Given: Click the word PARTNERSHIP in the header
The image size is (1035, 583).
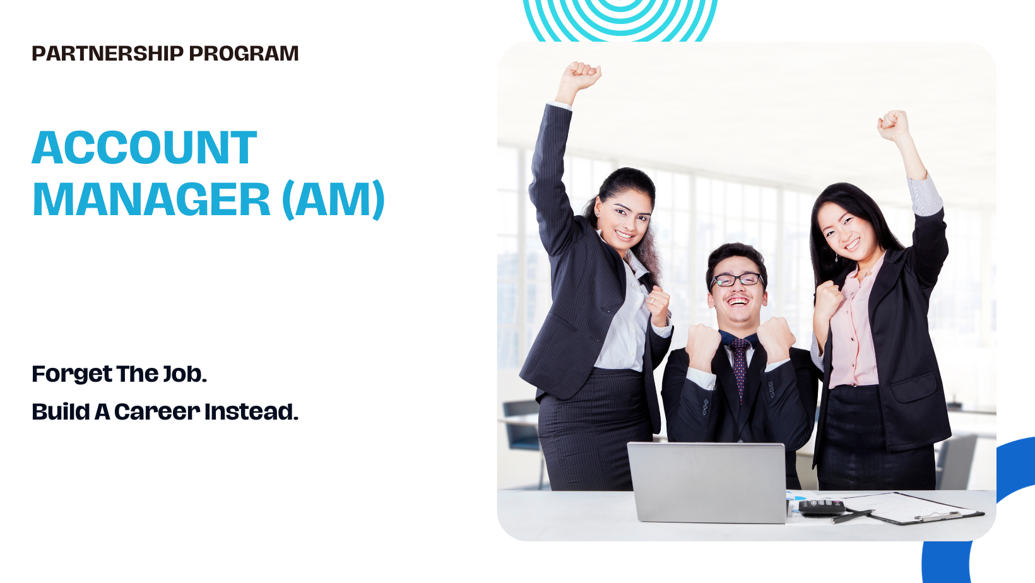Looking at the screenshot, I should click(x=107, y=54).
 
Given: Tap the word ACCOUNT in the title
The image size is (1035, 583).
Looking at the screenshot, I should click(x=145, y=148).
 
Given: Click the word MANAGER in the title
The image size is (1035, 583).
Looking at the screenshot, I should click(x=151, y=200).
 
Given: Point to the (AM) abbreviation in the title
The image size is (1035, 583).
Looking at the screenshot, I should click(x=333, y=200).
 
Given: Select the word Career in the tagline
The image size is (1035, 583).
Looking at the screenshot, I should click(x=157, y=412).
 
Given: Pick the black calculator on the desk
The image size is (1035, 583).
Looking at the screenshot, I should click(x=821, y=507).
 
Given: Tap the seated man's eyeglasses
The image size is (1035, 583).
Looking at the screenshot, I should click(x=736, y=280).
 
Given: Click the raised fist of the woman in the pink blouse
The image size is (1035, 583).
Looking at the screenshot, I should click(x=893, y=124).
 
